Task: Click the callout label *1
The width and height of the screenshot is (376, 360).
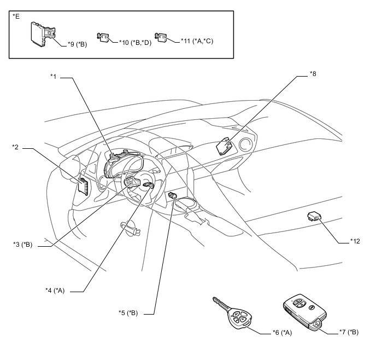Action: (x=53, y=76)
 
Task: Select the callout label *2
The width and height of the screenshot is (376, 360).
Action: (x=15, y=147)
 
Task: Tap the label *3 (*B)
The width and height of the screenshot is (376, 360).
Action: (x=23, y=245)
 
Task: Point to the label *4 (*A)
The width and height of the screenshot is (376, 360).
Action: (x=55, y=291)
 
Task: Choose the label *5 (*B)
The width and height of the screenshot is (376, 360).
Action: (x=128, y=313)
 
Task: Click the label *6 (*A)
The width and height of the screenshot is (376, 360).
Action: (x=282, y=333)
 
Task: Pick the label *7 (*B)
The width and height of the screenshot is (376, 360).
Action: (x=349, y=332)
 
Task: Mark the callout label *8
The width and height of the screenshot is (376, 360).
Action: (x=313, y=74)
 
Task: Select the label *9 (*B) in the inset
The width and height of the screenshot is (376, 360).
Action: (x=77, y=44)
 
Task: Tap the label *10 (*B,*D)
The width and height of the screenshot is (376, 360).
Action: (x=136, y=43)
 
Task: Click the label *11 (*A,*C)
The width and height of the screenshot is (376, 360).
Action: (x=197, y=41)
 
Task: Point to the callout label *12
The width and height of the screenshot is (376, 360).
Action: (x=355, y=241)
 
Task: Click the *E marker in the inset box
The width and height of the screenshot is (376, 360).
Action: (x=16, y=16)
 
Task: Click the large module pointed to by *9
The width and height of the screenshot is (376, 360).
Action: (x=43, y=34)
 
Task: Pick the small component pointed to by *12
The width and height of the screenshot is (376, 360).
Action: (x=314, y=216)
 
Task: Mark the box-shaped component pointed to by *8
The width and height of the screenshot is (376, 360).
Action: (x=224, y=146)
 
